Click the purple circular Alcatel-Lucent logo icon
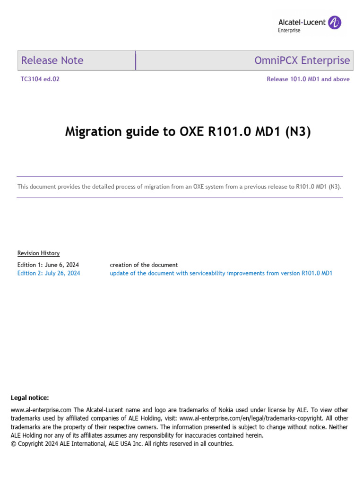335,22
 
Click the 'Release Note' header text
52,60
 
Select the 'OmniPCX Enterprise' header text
302,60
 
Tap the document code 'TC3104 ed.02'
39,79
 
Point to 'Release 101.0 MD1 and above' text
308,79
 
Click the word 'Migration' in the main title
93,132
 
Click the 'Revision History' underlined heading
39,253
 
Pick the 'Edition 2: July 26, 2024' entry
49,273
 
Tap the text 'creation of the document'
144,265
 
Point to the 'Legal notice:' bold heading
30,398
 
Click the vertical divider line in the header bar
136,60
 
